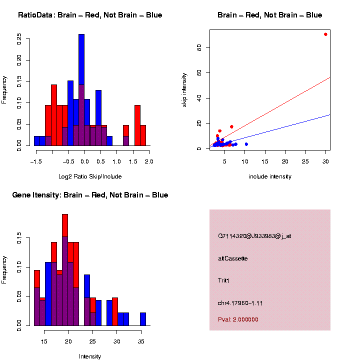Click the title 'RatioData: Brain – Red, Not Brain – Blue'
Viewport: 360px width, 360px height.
coord(90,15)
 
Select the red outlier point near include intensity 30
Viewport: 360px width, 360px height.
coord(325,34)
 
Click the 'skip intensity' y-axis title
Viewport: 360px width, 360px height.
coord(184,88)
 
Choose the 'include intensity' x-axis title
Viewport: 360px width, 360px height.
coord(270,176)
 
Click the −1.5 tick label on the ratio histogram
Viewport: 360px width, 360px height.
coord(35,161)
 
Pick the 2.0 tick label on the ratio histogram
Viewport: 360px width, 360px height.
coord(148,161)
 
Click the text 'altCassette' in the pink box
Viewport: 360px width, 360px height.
coord(233,258)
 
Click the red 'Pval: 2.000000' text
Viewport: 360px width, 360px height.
coord(238,319)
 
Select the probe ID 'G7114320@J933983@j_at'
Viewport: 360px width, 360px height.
coord(254,236)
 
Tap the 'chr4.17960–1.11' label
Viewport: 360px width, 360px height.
coord(240,303)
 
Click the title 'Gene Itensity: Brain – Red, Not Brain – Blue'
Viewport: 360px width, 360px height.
coord(90,195)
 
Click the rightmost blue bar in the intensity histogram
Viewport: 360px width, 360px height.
coord(143,319)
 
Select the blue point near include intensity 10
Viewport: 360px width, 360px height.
coord(246,144)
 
